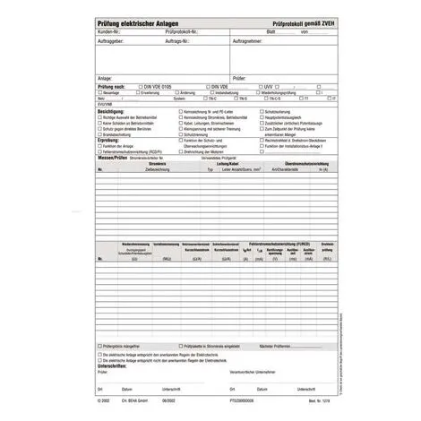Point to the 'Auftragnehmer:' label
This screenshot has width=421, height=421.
click(247, 41)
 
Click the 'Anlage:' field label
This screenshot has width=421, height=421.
click(104, 78)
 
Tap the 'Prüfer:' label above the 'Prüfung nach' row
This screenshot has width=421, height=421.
click(238, 78)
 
